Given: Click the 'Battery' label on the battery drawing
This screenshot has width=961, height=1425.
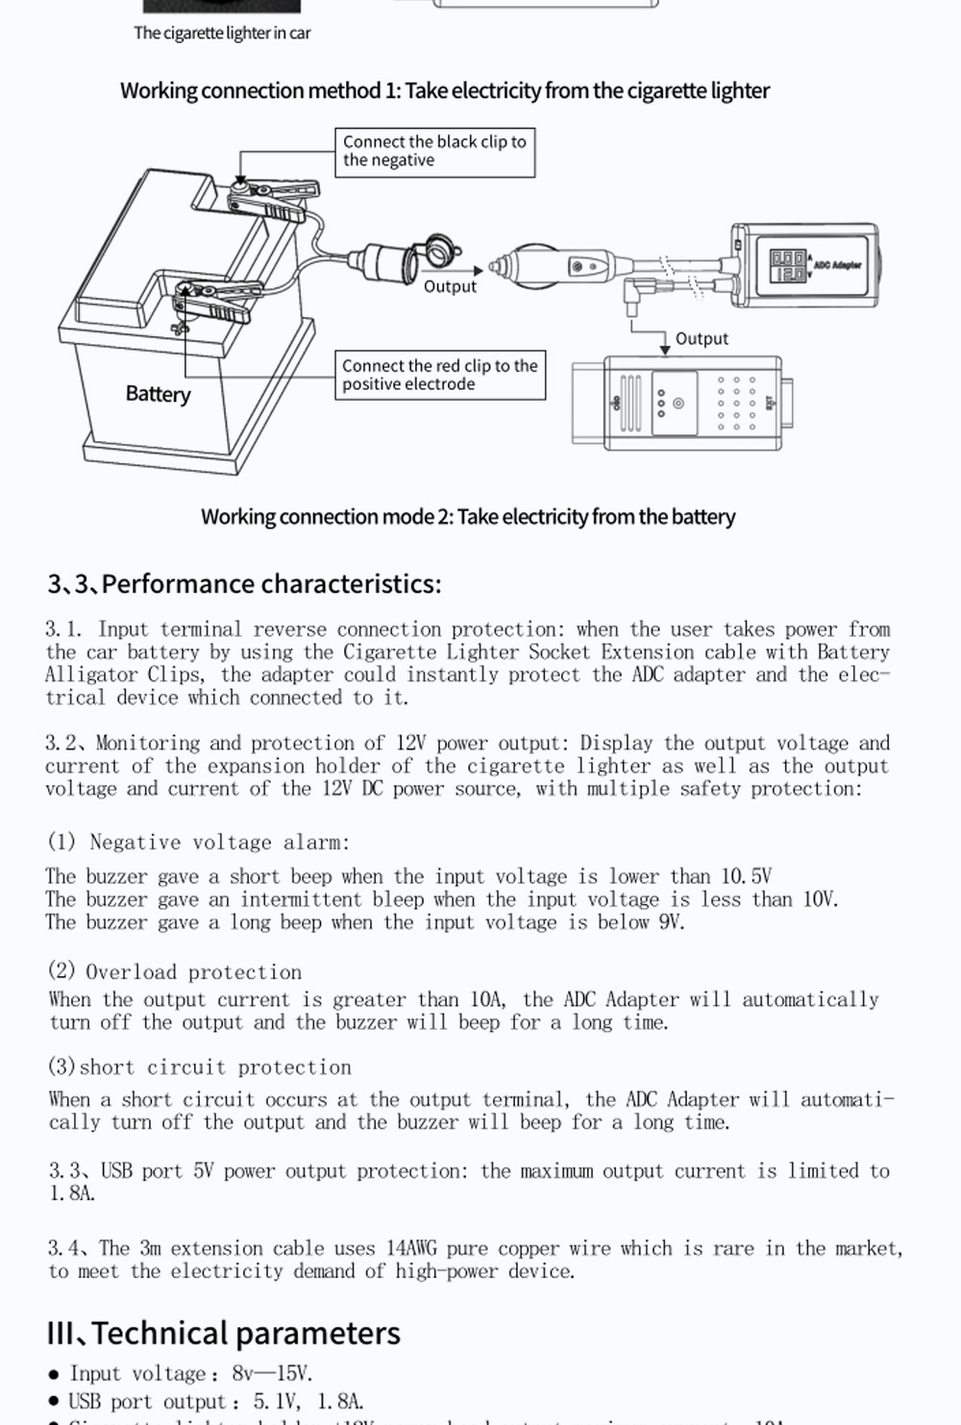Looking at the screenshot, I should coord(158,394).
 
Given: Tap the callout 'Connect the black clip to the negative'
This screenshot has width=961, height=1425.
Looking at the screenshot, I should coord(434,152).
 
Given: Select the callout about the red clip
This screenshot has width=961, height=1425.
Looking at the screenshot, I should coord(439,375).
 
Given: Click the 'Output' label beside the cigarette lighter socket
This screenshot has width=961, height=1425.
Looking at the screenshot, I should coord(450,286).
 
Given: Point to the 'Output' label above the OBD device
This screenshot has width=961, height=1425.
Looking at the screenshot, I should coord(702,338).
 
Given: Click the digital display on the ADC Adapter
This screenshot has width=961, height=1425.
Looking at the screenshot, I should coord(788,265).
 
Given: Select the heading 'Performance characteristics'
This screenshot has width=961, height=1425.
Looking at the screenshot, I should coord(244,583).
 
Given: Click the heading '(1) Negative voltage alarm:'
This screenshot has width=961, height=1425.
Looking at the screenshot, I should coord(198,843).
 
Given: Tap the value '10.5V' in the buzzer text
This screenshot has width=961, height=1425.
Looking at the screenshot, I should coord(746,876).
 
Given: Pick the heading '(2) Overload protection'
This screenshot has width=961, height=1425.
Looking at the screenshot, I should coord(175,971).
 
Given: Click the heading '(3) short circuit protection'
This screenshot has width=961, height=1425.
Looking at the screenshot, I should coord(200,1068).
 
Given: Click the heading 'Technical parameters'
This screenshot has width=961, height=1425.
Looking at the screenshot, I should coord(223,1333).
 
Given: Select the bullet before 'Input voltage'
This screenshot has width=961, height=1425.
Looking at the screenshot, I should coord(54,1376).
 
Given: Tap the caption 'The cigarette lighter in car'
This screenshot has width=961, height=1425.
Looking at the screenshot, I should coord(222,33).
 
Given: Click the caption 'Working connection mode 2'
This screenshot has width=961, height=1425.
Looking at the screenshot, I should coord(468,516).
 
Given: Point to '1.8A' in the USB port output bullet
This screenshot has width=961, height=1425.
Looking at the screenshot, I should coord(340,1402).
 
